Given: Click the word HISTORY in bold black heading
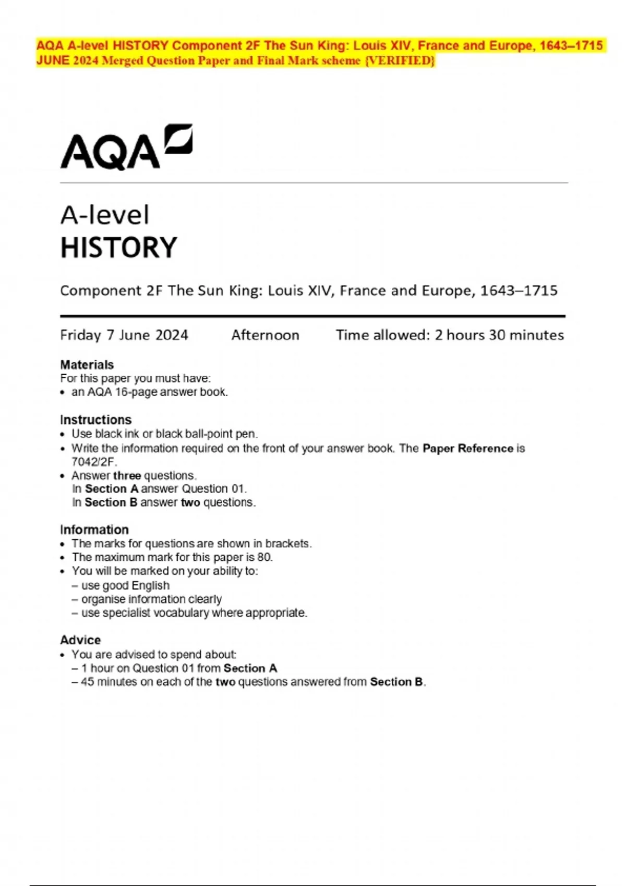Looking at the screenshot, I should [119, 248].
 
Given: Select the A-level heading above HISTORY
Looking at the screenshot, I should [105, 215].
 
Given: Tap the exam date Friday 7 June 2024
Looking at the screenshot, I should [124, 335].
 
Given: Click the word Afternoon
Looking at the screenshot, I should [265, 335].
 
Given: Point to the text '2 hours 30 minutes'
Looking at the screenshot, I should [499, 335].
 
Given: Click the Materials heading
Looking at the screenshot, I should [87, 365].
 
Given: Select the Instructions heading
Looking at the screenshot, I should [95, 420].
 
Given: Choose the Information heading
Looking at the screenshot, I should [94, 530].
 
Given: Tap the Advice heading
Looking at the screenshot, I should [80, 640].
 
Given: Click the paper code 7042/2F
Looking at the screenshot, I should [94, 462].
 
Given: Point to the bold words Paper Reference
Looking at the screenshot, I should [468, 448].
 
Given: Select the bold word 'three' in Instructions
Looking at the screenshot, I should [127, 475].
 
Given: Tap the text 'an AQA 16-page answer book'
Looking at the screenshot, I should [149, 392].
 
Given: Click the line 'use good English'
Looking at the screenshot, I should [125, 585].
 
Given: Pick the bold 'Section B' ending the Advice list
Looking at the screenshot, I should [396, 682].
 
